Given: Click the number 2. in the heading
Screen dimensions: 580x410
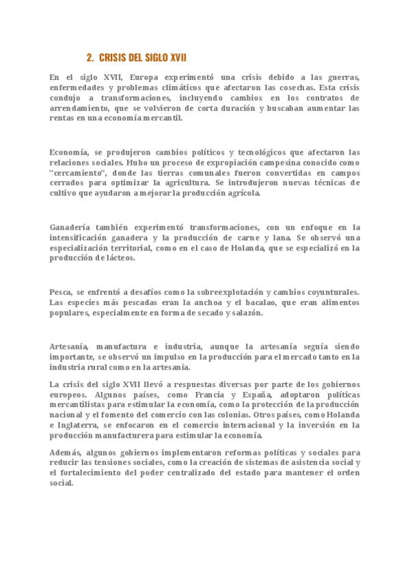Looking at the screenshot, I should [x=91, y=57].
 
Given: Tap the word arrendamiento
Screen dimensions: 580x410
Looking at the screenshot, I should [x=78, y=108].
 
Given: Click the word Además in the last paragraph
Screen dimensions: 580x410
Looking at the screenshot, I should [x=66, y=453].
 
